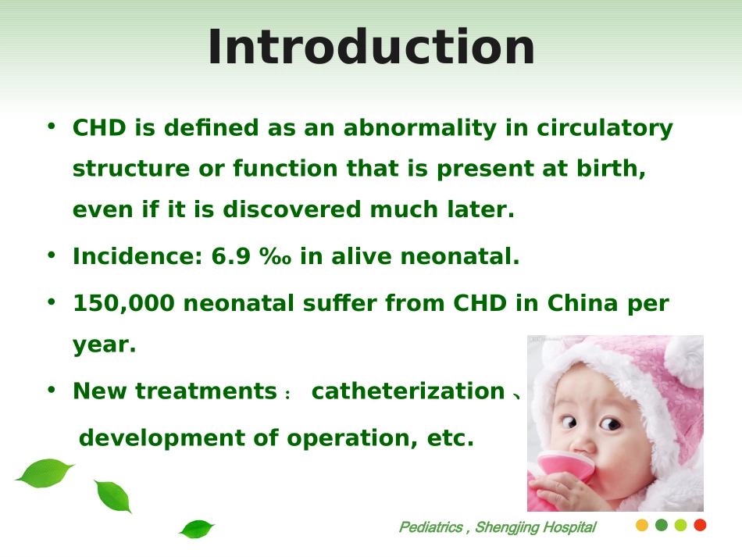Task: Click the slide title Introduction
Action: (x=372, y=47)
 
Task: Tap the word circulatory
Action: (x=605, y=128)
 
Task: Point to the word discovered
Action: (x=291, y=209)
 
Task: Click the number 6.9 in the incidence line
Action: (x=230, y=256)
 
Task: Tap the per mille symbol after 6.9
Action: (x=275, y=256)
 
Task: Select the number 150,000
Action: (x=123, y=304)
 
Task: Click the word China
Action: (x=583, y=303)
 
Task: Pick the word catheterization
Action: (x=408, y=391)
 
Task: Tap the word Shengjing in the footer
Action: (x=506, y=527)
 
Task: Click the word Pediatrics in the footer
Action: (x=430, y=527)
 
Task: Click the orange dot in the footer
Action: (x=642, y=525)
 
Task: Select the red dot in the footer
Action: (x=700, y=525)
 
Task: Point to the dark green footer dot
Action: (x=661, y=525)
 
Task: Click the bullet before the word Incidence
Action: (x=52, y=255)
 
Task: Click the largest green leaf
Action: (x=45, y=473)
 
